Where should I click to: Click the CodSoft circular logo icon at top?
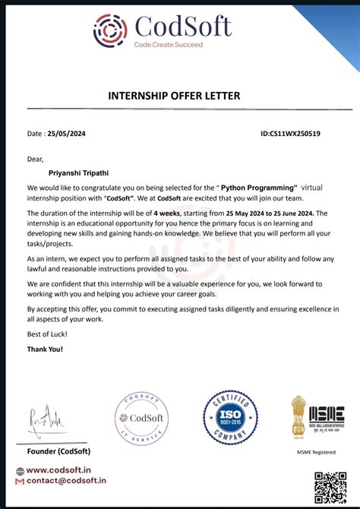pyautogui.click(x=111, y=30)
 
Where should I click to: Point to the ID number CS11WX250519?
pyautogui.click(x=290, y=134)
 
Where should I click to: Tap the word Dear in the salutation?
pyautogui.click(x=35, y=159)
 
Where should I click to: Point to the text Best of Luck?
pyautogui.click(x=47, y=335)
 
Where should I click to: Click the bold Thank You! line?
pyautogui.click(x=46, y=349)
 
